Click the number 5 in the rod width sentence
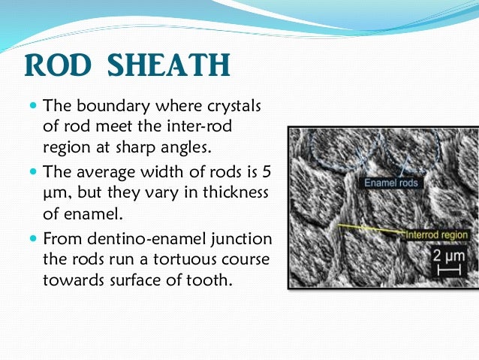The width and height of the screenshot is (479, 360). tap(268, 171)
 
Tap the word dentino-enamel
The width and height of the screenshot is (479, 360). tap(132, 239)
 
